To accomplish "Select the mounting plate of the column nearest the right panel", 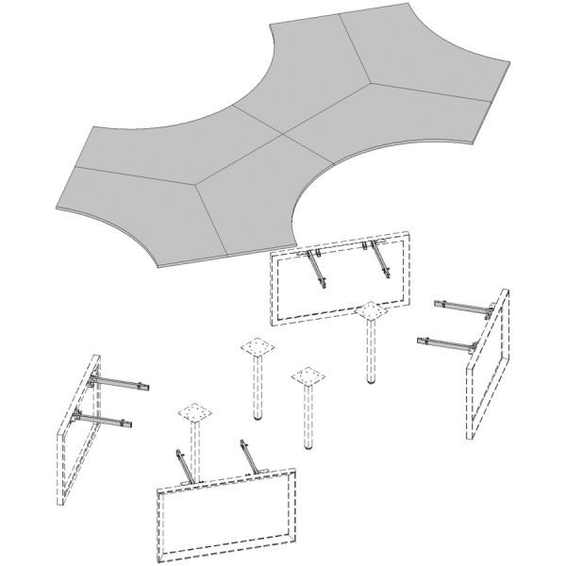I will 372,312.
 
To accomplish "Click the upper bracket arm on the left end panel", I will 119,382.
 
